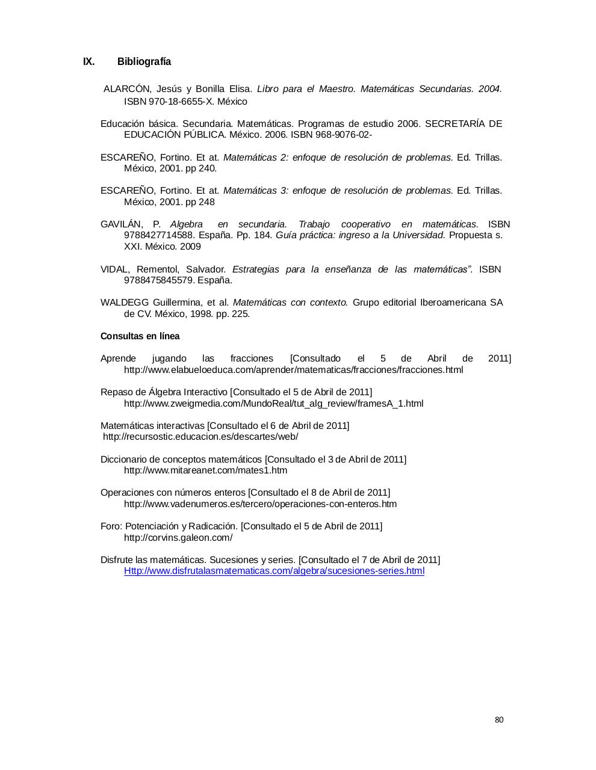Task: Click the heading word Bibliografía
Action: pyautogui.click(x=144, y=62)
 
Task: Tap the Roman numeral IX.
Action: pyautogui.click(x=88, y=62)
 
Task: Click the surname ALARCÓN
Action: pyautogui.click(x=127, y=89)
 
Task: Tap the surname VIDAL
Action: pyautogui.click(x=114, y=269)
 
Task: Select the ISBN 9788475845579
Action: pyautogui.click(x=159, y=280)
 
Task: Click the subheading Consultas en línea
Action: pyautogui.click(x=140, y=336)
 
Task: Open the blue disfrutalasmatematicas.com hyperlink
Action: pyautogui.click(x=274, y=571)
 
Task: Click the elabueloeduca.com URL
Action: pyautogui.click(x=293, y=370)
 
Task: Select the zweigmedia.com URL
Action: pyautogui.click(x=273, y=404)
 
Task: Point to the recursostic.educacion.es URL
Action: pyautogui.click(x=200, y=437)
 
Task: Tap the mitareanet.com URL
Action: pyautogui.click(x=205, y=470)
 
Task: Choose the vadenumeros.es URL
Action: pyautogui.click(x=260, y=504)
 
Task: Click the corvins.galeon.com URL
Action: pyautogui.click(x=178, y=538)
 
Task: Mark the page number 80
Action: pyautogui.click(x=499, y=720)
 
